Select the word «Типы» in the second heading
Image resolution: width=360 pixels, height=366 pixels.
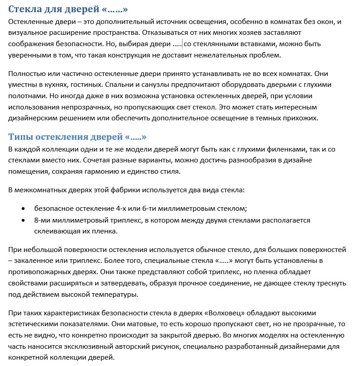(21, 137)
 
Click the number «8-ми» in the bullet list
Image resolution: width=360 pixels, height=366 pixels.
(43, 220)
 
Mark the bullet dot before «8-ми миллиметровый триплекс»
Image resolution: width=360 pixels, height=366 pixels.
(23, 221)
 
